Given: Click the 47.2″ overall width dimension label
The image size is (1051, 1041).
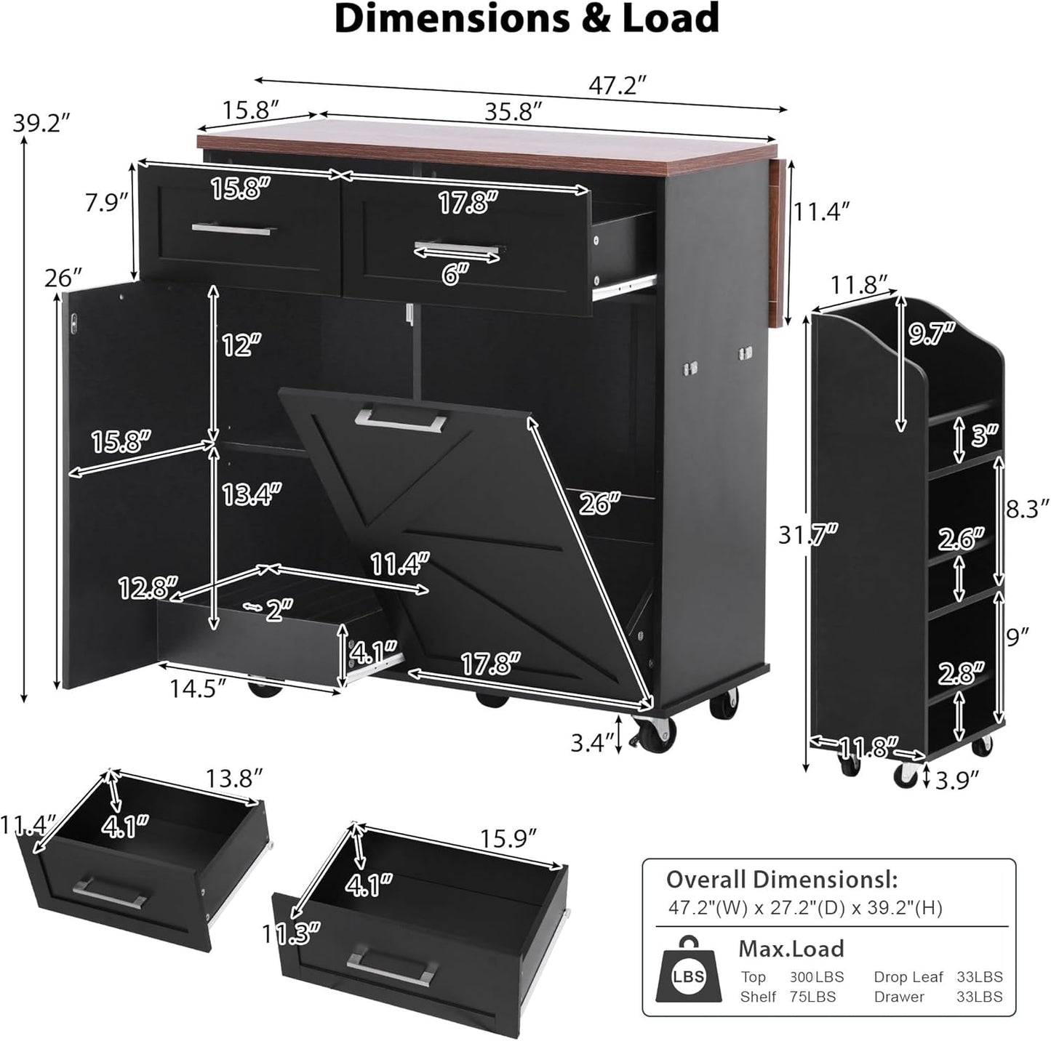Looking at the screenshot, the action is pyautogui.click(x=618, y=85).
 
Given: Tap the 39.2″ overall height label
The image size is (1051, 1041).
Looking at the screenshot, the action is pyautogui.click(x=42, y=123).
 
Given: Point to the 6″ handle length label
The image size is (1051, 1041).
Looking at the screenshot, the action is pyautogui.click(x=455, y=274).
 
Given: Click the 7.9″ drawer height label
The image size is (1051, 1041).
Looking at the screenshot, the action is pyautogui.click(x=106, y=202).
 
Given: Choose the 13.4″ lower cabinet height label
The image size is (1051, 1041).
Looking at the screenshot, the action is pyautogui.click(x=252, y=494).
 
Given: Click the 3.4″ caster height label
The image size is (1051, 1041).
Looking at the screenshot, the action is pyautogui.click(x=593, y=742).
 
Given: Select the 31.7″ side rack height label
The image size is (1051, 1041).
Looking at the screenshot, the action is pyautogui.click(x=808, y=534).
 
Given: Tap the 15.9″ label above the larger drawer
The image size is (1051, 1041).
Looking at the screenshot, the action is pyautogui.click(x=508, y=838).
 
